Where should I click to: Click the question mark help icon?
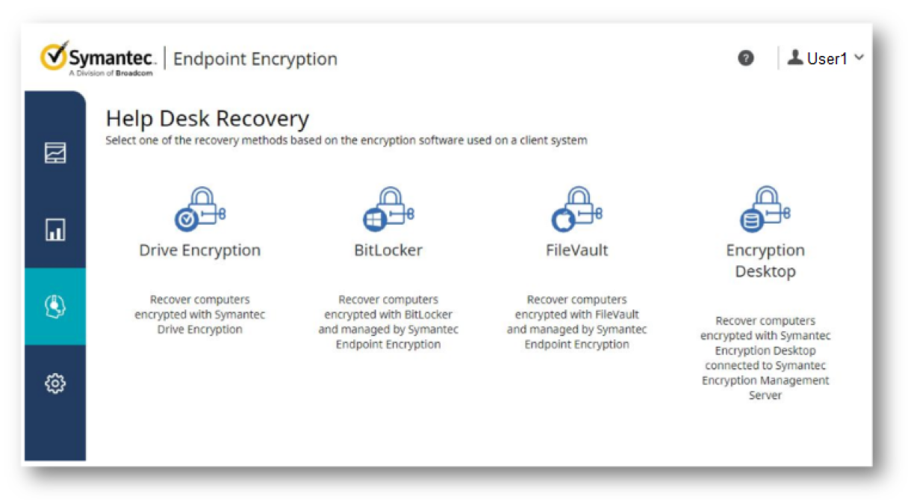tap(745, 58)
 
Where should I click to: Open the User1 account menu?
tap(826, 58)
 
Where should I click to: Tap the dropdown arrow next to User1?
tap(859, 58)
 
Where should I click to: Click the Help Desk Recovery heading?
tap(207, 119)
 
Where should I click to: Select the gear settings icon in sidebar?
tap(55, 383)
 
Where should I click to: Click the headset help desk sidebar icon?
tap(55, 306)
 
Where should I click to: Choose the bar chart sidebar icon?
tap(55, 229)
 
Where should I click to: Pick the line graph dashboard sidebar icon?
tap(55, 153)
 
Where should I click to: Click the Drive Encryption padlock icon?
tap(200, 209)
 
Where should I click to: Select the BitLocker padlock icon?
tap(388, 209)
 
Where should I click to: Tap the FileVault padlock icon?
tap(576, 209)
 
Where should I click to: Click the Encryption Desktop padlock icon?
tap(765, 209)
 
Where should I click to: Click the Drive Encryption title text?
tap(200, 250)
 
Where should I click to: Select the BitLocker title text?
tap(388, 250)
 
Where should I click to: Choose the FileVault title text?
tap(576, 250)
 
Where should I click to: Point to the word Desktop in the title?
tap(765, 271)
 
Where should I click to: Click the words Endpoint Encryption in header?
tap(255, 59)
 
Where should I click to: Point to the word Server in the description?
tap(765, 395)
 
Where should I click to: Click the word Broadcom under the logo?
tap(134, 73)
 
